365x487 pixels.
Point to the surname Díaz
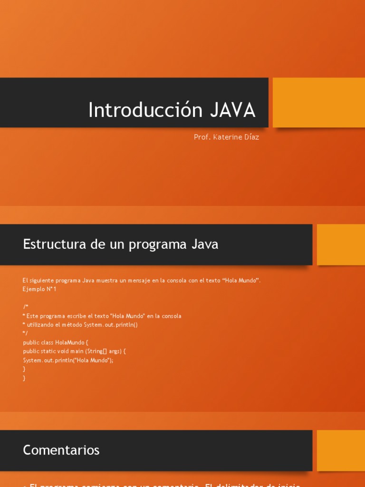[x=251, y=137]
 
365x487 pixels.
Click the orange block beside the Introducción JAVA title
[x=318, y=102]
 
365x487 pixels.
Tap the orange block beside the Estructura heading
[x=340, y=244]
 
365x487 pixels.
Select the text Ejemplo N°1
[x=39, y=289]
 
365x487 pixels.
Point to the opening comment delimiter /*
[x=26, y=307]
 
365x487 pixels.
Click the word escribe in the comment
[x=74, y=316]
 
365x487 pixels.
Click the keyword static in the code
[x=49, y=351]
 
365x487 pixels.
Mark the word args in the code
[x=115, y=351]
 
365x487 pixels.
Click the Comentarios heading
[x=61, y=450]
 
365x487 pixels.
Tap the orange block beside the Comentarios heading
[x=340, y=450]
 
